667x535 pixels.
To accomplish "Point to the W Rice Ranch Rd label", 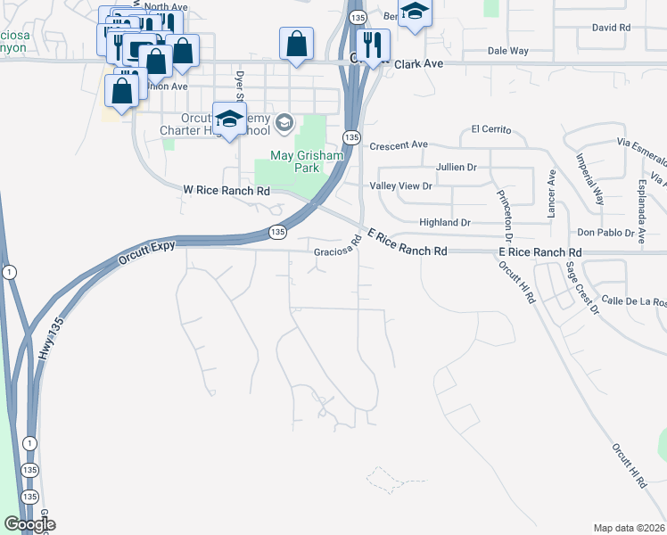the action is [226, 190].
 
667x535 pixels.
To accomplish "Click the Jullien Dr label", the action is [457, 167].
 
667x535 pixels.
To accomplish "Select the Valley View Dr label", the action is [400, 186].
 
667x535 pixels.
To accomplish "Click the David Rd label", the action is [611, 28].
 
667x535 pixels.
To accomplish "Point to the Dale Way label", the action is [508, 52].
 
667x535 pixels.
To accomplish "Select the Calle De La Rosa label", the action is [634, 301].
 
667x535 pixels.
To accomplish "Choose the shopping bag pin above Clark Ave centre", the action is [296, 43].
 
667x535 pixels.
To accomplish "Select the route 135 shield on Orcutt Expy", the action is [278, 232].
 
